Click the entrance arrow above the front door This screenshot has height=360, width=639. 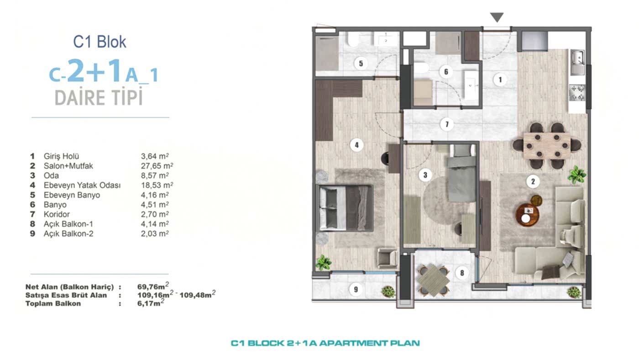pyautogui.click(x=497, y=17)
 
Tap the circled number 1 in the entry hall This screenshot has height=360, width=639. pyautogui.click(x=500, y=80)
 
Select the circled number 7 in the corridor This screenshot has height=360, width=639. pyautogui.click(x=447, y=124)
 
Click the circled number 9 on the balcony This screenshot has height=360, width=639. pyautogui.click(x=356, y=289)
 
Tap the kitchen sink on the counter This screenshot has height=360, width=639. pyautogui.click(x=577, y=62)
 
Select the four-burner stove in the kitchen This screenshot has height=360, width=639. pyautogui.click(x=576, y=93)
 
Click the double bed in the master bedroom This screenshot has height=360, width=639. pyautogui.click(x=345, y=207)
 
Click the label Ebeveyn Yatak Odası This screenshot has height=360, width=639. pyautogui.click(x=82, y=185)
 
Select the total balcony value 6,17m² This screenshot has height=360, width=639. pyautogui.click(x=151, y=303)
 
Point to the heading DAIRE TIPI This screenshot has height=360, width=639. pyautogui.click(x=99, y=98)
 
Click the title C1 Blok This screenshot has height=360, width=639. pyautogui.click(x=100, y=42)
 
